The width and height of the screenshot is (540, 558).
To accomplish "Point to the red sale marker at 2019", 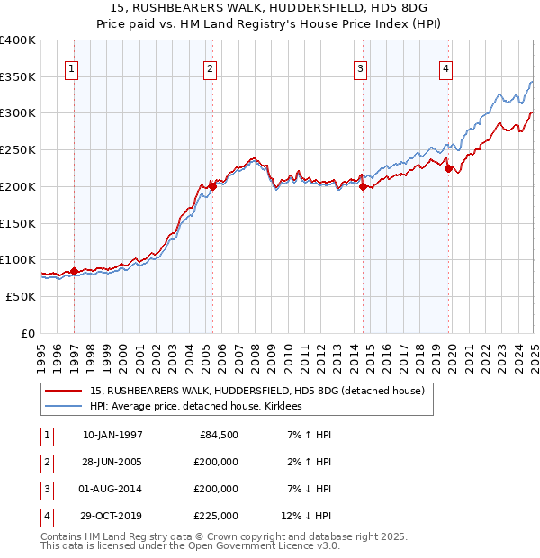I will [x=448, y=168].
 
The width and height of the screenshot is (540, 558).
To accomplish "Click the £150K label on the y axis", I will [x=18, y=222].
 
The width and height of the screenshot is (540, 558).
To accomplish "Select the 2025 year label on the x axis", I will [x=534, y=350].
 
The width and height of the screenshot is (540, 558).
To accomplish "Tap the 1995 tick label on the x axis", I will [x=41, y=350].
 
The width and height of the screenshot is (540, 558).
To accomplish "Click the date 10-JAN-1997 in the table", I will [x=112, y=435].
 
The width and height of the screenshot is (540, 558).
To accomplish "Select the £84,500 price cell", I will [x=219, y=435].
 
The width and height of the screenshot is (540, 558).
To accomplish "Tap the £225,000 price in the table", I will [x=215, y=516].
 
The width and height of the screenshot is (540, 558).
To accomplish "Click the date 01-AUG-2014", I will [x=112, y=489].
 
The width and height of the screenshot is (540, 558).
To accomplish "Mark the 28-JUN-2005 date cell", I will [x=112, y=462].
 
